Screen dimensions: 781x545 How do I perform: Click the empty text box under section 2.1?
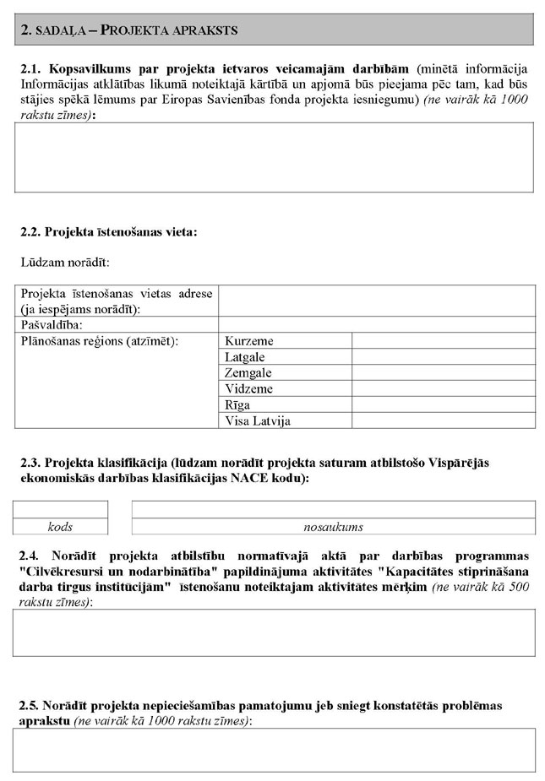click(x=274, y=157)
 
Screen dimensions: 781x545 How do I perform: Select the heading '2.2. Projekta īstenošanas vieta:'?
click(x=108, y=231)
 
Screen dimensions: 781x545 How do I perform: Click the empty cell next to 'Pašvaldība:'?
click(x=377, y=324)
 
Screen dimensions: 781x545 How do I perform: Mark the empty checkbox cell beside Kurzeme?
click(x=443, y=340)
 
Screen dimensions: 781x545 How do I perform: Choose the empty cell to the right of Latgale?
click(x=443, y=356)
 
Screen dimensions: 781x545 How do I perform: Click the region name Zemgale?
click(x=249, y=372)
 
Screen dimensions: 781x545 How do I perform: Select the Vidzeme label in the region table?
click(x=249, y=388)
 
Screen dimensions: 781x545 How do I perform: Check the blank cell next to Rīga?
click(x=443, y=404)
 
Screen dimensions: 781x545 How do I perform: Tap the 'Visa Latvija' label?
click(x=258, y=420)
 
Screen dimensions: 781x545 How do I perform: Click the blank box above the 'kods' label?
click(x=60, y=509)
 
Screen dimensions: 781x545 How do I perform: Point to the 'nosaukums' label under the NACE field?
click(x=333, y=527)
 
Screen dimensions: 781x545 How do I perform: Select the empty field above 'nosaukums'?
click(x=333, y=509)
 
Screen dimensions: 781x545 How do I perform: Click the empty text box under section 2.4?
click(x=274, y=632)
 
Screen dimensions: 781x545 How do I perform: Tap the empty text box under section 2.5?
click(x=274, y=750)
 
